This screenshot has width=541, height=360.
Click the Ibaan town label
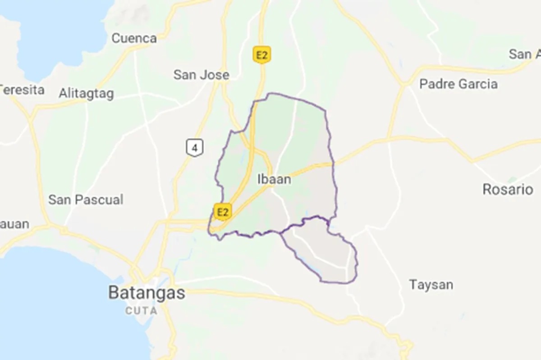(274, 179)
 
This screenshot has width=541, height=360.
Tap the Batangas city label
(147, 293)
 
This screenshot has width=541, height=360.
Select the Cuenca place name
(134, 38)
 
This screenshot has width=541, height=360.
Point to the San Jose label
(201, 75)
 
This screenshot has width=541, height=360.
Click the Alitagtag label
(86, 94)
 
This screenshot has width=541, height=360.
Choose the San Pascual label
(86, 200)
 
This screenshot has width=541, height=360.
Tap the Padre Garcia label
(458, 84)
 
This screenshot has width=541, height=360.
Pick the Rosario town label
(508, 189)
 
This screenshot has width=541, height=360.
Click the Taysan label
(431, 285)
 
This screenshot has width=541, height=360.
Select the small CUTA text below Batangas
(142, 310)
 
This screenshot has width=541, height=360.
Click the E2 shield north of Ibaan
(261, 54)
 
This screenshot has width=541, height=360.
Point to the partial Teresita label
(23, 90)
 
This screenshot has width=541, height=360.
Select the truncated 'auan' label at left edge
(14, 224)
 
